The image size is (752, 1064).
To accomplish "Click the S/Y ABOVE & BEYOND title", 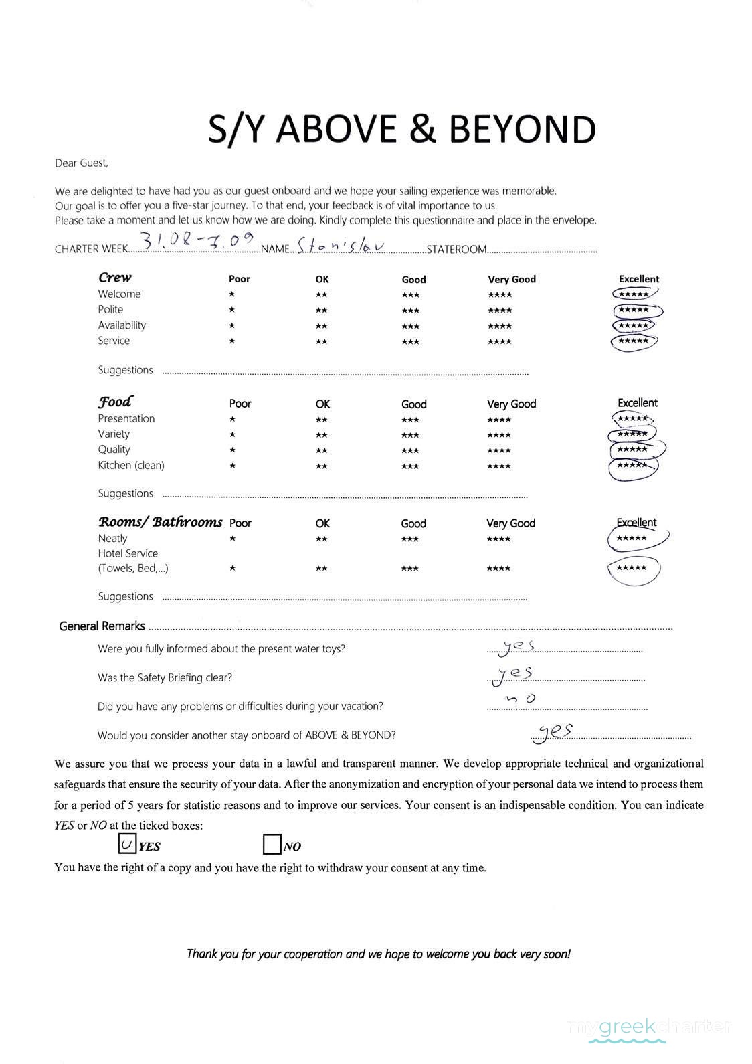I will pos(401,129).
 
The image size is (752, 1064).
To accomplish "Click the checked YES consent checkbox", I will pos(127,844).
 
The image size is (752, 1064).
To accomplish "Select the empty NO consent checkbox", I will pos(272,845).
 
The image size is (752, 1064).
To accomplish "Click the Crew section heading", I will pos(115,278).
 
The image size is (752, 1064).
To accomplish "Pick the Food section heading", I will pos(115,402).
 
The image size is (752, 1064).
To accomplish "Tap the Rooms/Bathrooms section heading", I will pos(160,522).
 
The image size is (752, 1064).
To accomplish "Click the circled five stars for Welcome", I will pos(634,294).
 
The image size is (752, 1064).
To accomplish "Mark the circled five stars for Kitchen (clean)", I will pos(632,466).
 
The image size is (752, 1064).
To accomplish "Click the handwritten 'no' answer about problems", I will pos(521,699).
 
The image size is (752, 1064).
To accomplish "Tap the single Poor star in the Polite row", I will pos(231,310).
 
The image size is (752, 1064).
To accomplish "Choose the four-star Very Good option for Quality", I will pos(499,450).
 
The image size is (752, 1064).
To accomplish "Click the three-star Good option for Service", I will pos(411,342).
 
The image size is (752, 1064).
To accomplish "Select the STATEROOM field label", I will pos(456,250).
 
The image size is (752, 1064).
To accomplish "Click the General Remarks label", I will pos(102,626).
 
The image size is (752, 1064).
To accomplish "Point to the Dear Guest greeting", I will pos(81,163).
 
